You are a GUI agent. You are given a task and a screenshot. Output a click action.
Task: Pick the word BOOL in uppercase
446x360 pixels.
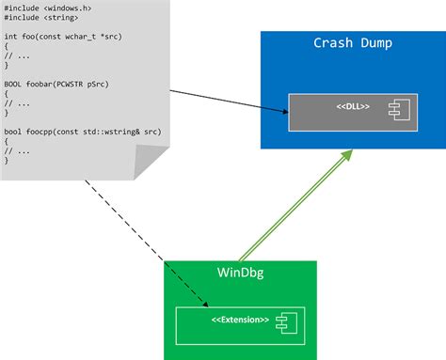click(13, 84)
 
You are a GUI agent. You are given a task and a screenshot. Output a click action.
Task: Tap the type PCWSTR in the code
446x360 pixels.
click(67, 84)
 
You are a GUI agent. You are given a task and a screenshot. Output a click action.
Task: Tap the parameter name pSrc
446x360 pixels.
click(97, 84)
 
